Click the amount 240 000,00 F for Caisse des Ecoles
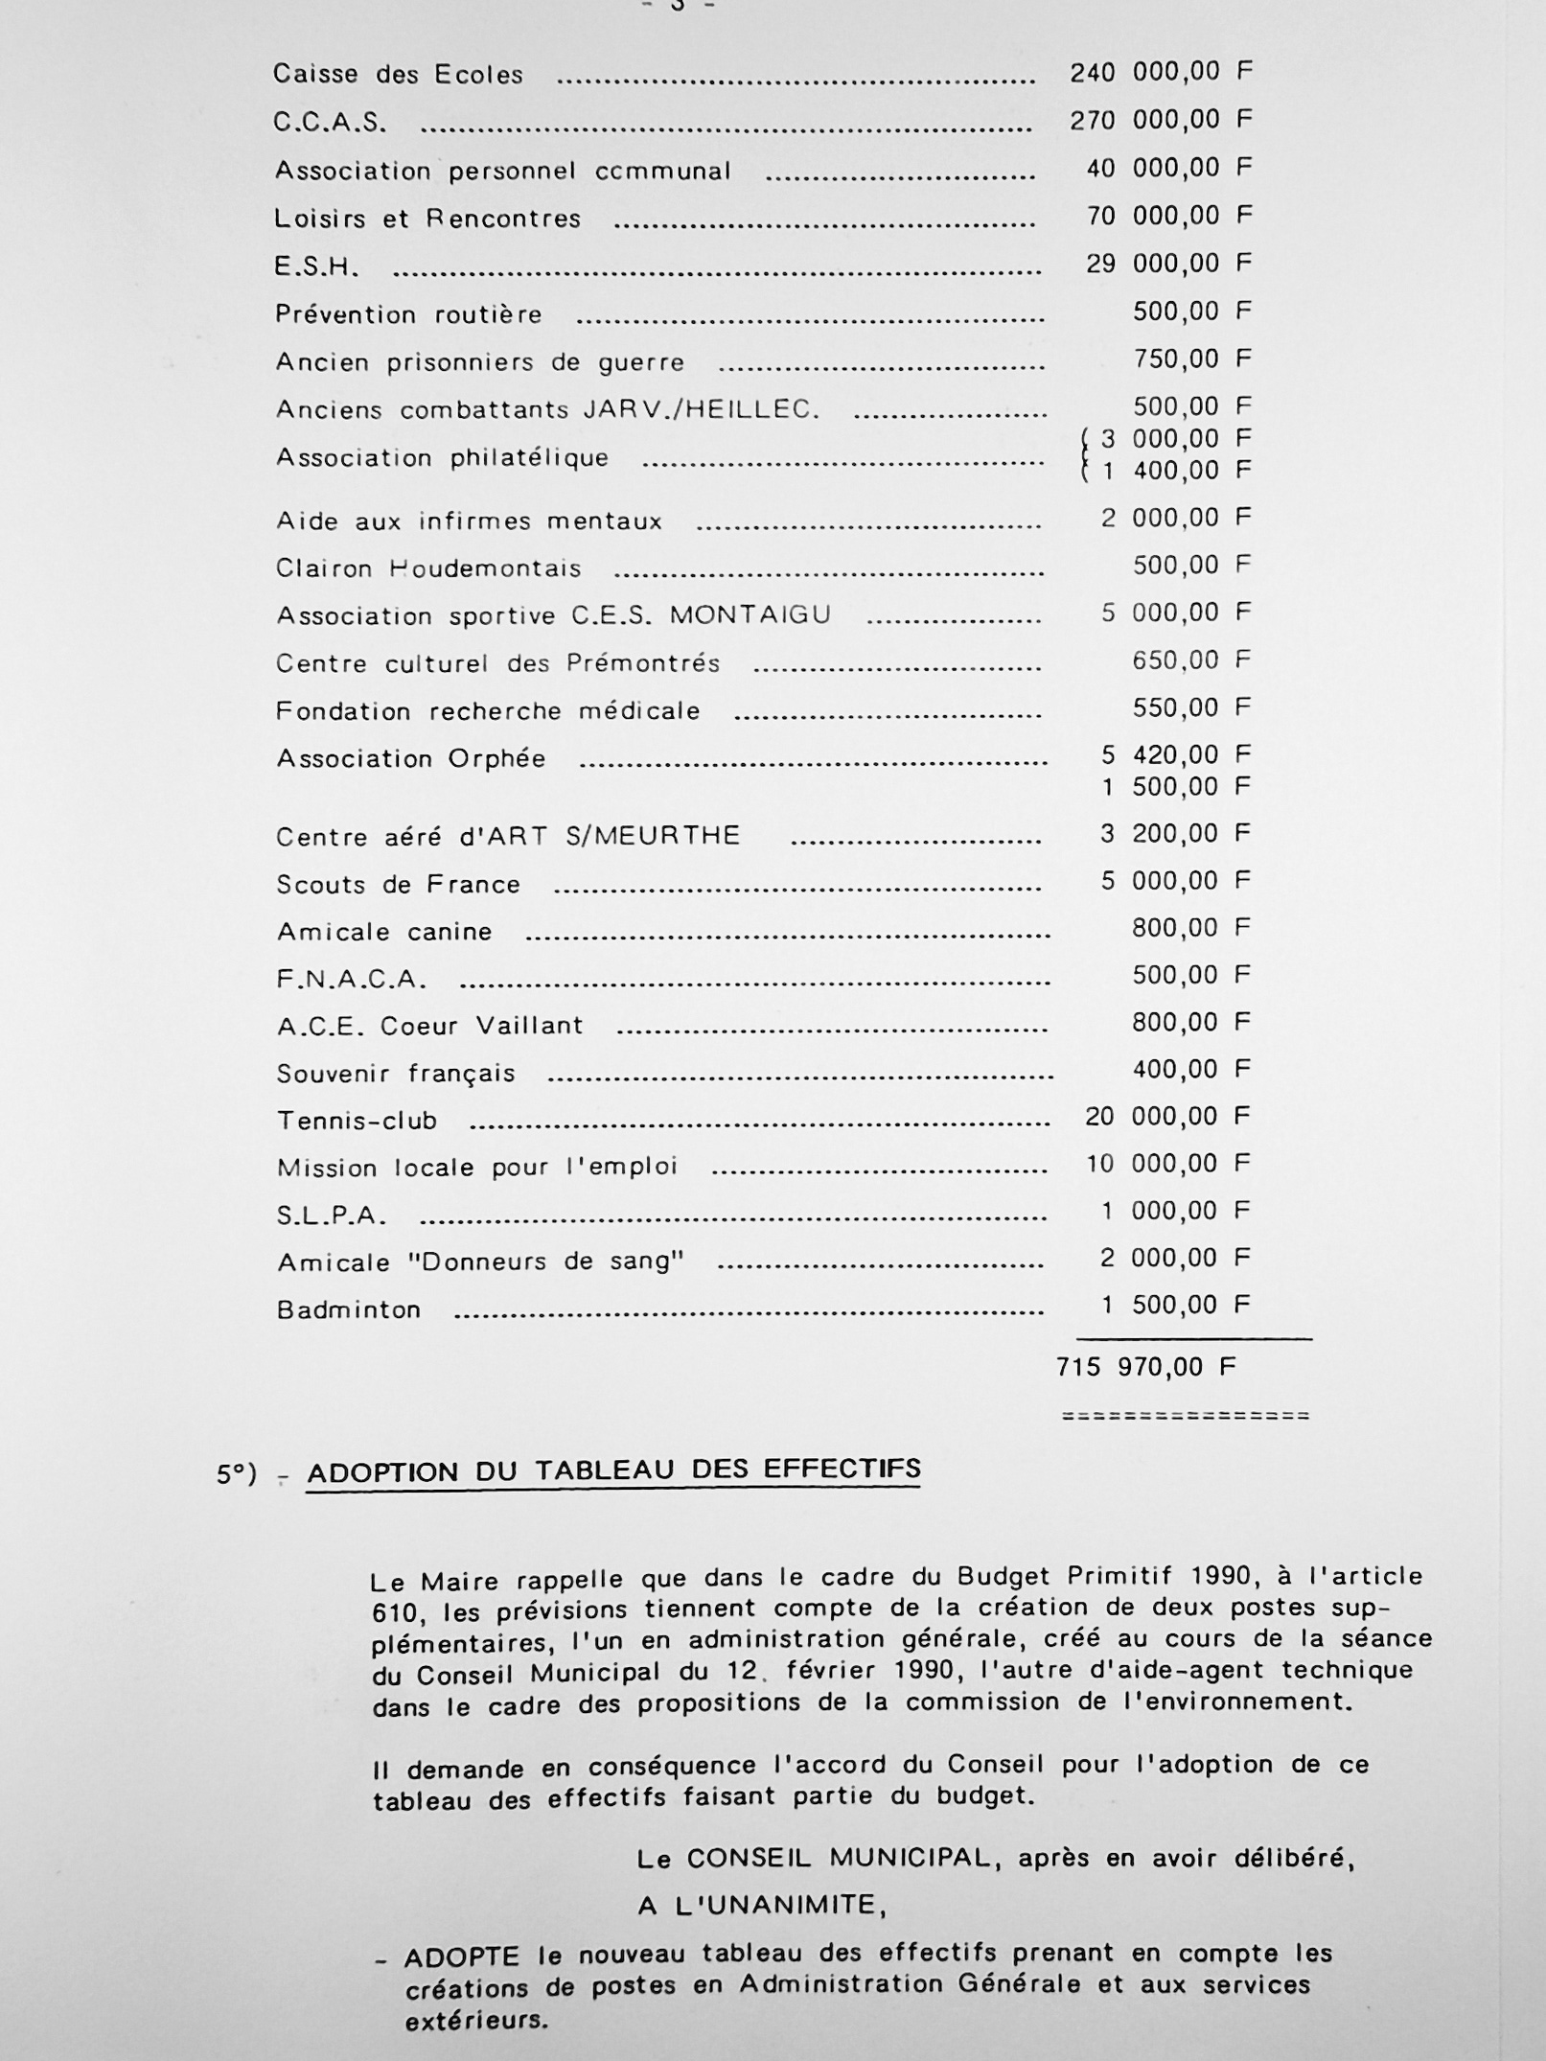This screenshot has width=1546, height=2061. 1161,72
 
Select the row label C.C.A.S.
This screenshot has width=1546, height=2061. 331,123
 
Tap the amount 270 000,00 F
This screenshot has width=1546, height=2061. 1161,120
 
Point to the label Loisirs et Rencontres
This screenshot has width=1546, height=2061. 427,219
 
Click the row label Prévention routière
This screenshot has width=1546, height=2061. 408,314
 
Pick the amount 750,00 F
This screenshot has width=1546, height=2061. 1192,359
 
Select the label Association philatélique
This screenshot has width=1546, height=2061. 442,457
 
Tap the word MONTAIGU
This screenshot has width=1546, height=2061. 750,614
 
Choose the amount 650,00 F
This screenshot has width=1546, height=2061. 1192,660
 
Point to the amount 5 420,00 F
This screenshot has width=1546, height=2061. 1175,755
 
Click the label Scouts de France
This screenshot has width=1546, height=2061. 398,884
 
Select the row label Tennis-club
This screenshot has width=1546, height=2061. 357,1121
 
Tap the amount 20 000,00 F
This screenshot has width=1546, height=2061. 1167,1117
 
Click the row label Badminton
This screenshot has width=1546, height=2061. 349,1310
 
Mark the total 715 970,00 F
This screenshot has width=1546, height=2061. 1146,1367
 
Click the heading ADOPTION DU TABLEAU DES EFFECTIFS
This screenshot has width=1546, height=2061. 613,1470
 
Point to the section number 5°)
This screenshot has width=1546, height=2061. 237,1474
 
